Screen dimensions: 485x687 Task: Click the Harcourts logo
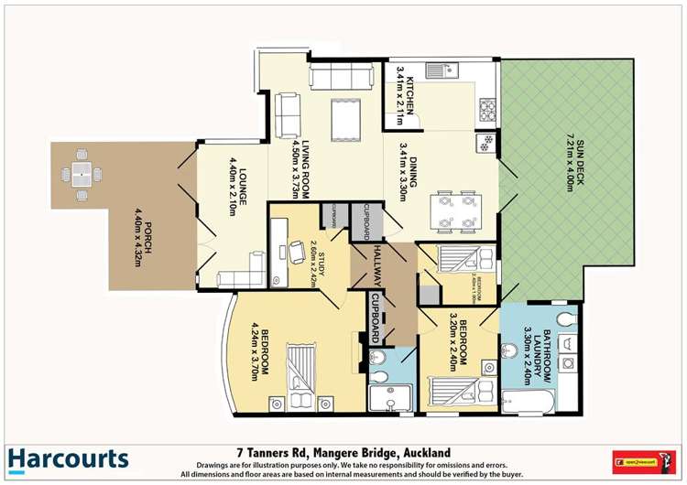point(68,459)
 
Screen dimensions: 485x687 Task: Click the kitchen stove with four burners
point(487,110)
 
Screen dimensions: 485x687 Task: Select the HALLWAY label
point(376,262)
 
